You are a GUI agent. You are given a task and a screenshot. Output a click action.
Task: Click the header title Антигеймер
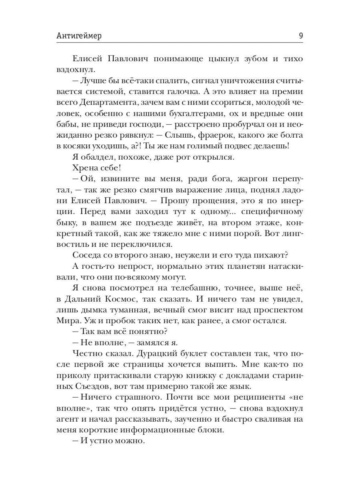[x=79, y=36]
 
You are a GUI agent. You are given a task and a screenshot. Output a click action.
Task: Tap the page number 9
[x=300, y=36]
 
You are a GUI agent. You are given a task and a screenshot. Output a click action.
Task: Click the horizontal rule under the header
[x=180, y=42]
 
